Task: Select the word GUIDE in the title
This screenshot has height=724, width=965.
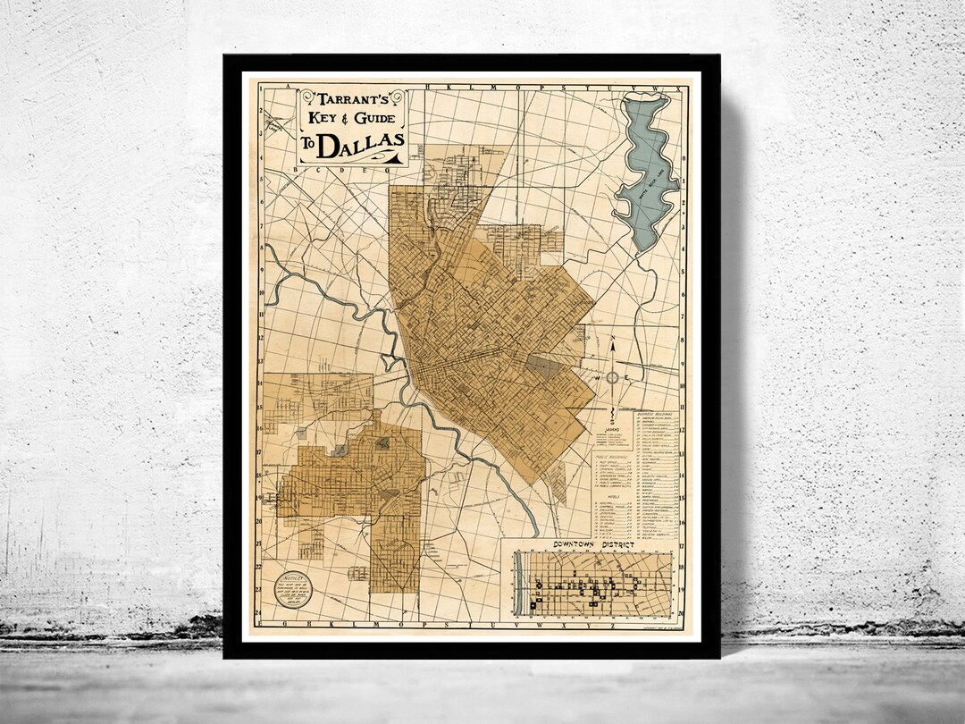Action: coord(376,118)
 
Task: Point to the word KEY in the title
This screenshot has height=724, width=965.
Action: coord(321,118)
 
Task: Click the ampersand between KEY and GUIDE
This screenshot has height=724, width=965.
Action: coord(347,119)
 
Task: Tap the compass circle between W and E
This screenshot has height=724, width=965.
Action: coord(613,378)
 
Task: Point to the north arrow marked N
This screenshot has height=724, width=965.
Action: coord(613,346)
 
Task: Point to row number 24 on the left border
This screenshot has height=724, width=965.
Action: coord(258,612)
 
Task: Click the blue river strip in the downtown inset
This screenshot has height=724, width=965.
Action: coord(518,584)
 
